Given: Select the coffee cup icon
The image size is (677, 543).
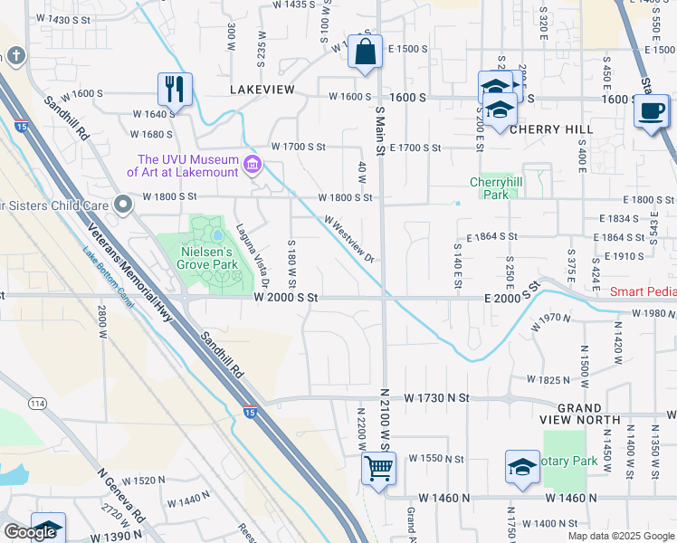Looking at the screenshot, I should [651, 112].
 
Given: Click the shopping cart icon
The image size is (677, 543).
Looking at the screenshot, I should [377, 469].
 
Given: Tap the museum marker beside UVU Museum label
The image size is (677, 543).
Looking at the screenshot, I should [253, 166].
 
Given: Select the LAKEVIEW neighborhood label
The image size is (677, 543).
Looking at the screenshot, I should [262, 90].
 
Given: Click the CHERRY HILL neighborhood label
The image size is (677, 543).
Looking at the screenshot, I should [551, 129].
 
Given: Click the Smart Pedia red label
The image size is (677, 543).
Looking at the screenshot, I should [643, 291].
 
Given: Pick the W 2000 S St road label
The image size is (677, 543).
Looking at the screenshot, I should [286, 297].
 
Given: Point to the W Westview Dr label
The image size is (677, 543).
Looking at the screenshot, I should [349, 238].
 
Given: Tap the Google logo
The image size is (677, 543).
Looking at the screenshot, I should [30, 532].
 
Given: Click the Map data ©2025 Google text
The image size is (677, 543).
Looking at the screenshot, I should [620, 536].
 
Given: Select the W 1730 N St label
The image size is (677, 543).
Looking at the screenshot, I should [437, 397].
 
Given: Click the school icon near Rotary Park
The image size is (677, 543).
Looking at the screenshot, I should [522, 468].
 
